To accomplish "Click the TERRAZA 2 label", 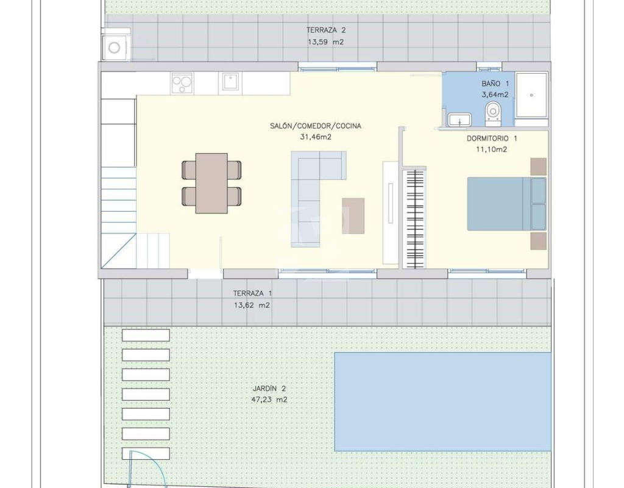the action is point(325,30).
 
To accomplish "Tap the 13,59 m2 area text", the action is point(325,42).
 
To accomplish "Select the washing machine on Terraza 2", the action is point(114,48).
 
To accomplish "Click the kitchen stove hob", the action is point(182,83).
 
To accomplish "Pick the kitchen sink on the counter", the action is point(230,83).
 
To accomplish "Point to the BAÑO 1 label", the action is point(495,84).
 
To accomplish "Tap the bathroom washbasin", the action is point(459,120).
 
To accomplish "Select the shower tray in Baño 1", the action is point(531,95).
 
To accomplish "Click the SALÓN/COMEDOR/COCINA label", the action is point(316,126).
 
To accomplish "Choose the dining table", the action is point(211,183).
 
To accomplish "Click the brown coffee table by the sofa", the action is point(353,215).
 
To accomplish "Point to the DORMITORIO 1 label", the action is point(492,138).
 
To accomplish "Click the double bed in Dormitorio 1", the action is point(506,204).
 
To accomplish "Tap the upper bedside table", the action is point(538,167).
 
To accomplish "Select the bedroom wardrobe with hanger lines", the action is point(414,219).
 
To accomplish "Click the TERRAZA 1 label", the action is point(252,293).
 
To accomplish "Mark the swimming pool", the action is point(442,401).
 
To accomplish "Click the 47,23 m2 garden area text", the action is point(269,400).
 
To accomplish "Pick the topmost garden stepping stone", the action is point(146,335).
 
